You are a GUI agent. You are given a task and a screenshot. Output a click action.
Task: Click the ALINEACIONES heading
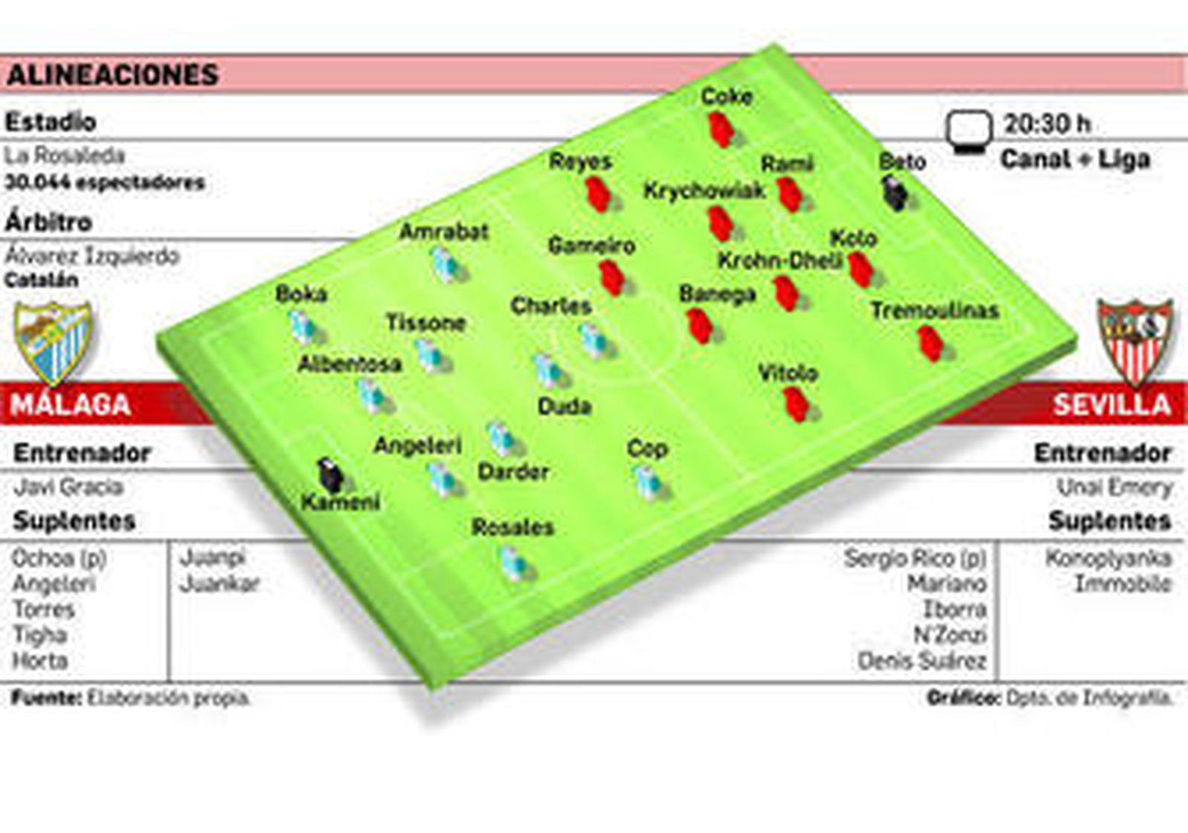point(113,75)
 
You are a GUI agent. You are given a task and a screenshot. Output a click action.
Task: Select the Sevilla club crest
point(1135,342)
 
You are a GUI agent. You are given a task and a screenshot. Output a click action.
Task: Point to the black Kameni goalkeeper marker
point(330,475)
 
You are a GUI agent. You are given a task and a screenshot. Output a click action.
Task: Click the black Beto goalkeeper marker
point(895,193)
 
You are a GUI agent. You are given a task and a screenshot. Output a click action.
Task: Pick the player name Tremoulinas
point(934,310)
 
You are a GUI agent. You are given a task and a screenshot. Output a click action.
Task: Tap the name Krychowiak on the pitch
point(704,191)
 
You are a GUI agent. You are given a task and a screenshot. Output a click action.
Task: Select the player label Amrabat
point(444,232)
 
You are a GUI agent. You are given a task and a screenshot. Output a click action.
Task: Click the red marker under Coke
point(720,129)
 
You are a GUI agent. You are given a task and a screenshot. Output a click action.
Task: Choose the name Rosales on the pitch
point(512,527)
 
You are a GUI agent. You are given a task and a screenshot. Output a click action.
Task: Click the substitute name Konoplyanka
point(1108,558)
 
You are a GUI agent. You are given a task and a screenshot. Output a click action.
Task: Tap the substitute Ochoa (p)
point(59,558)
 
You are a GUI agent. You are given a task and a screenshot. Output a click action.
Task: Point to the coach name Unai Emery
point(1114,487)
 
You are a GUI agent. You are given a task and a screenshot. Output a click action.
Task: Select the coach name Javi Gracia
point(68,487)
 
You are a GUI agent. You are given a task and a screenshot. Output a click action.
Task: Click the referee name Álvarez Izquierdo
point(92,256)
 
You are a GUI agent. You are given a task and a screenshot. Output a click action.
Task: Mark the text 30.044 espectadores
point(105,183)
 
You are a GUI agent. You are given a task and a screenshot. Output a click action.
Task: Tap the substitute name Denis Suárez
point(921,661)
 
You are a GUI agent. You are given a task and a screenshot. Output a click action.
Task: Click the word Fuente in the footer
point(45,698)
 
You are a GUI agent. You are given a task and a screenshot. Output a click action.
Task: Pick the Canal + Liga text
point(1075,159)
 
